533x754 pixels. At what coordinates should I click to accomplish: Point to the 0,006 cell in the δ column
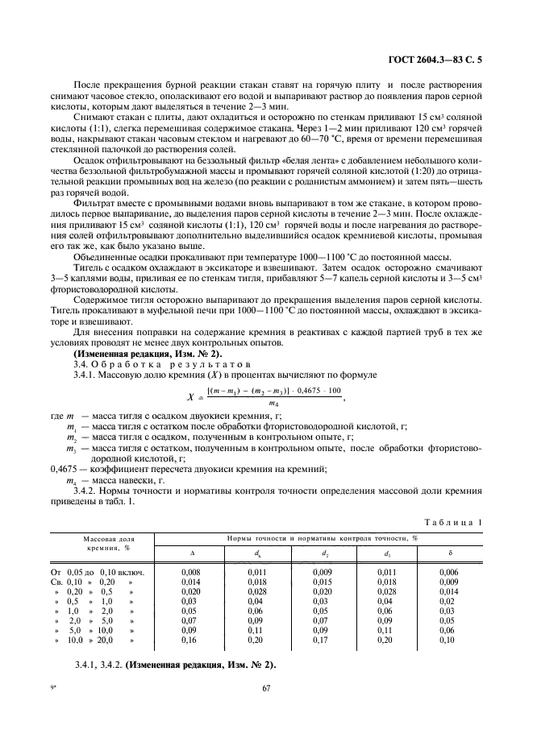pos(450,571)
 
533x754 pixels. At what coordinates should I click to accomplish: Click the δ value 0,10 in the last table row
pos(450,639)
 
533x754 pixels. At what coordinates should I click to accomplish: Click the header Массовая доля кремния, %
pos(101,543)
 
